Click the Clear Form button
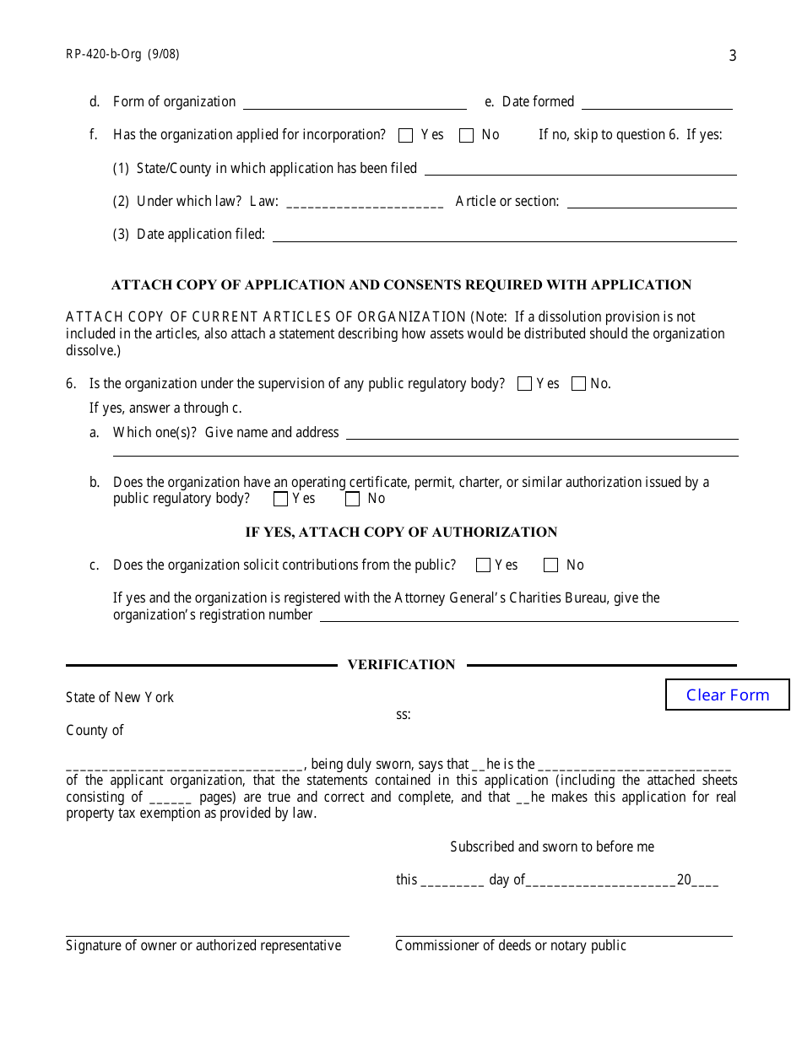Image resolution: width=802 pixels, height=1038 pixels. click(727, 695)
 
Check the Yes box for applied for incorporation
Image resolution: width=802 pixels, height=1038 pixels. click(406, 135)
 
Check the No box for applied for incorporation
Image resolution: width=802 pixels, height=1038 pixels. click(466, 135)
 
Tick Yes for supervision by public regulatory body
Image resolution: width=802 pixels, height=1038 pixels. click(524, 384)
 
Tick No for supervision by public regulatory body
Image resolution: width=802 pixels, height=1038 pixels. click(578, 384)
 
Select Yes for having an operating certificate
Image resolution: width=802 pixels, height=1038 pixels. click(281, 499)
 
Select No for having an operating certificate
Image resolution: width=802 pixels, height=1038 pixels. click(353, 499)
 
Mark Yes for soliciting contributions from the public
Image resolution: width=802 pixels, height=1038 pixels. click(483, 565)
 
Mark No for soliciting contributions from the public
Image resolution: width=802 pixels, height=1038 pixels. click(551, 565)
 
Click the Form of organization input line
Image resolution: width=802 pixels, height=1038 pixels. click(355, 103)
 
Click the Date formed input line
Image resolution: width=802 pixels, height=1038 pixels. click(657, 103)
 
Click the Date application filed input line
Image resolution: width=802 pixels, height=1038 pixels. click(504, 235)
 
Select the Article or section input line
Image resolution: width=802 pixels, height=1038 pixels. click(652, 203)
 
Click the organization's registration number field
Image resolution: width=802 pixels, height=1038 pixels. click(528, 615)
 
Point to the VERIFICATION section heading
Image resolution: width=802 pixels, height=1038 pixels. click(401, 665)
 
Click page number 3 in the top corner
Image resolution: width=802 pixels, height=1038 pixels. click(732, 57)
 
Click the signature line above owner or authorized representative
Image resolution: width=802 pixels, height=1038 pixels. click(207, 933)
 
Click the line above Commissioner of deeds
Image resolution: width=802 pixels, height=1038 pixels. click(563, 933)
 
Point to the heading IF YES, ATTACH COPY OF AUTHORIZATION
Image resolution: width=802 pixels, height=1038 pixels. click(401, 533)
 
